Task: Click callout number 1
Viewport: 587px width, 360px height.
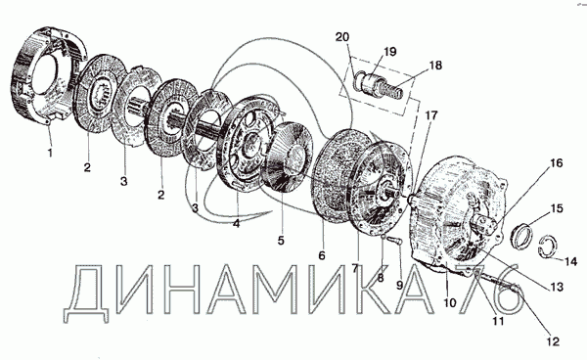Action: point(50,153)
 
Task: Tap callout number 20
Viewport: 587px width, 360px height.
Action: point(342,37)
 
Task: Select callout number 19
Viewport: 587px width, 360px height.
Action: point(389,51)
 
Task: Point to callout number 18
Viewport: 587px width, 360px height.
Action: point(435,66)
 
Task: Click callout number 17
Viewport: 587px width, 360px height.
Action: point(430,115)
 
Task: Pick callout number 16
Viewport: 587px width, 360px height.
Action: point(557,163)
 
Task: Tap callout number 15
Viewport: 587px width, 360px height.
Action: point(557,208)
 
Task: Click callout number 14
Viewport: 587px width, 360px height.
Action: point(570,261)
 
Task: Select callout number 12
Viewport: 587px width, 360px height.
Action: point(553,340)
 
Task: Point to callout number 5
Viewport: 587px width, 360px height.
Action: point(281,241)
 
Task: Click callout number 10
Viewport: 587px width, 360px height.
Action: point(450,302)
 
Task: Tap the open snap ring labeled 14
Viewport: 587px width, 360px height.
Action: point(548,247)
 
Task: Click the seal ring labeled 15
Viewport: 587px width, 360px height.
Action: point(520,236)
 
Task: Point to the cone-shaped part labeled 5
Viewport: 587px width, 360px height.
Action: point(289,157)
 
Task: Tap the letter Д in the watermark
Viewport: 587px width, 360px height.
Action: point(86,293)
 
